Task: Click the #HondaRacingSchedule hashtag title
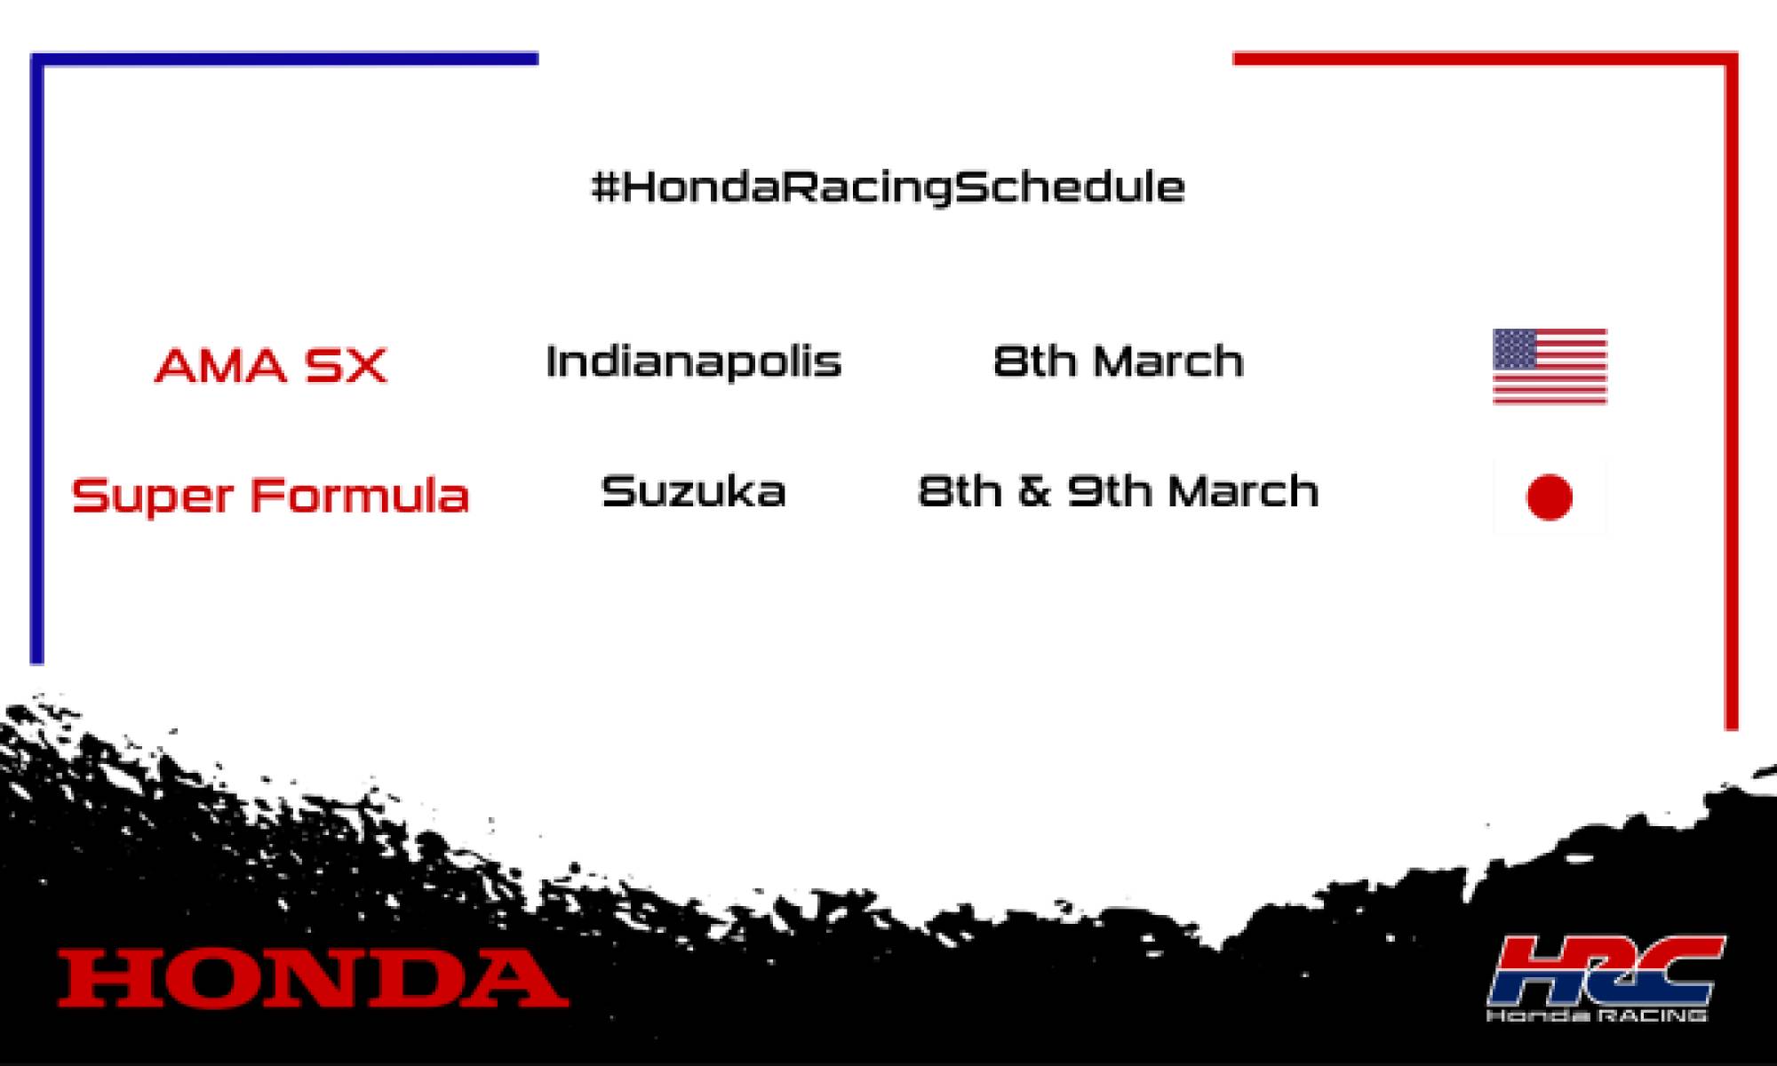tap(888, 187)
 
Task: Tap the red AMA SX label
tap(271, 365)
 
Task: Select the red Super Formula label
tap(270, 495)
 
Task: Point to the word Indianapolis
tap(693, 362)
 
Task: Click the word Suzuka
tap(693, 492)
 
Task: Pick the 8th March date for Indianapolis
tap(1118, 362)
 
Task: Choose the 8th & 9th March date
tap(1118, 491)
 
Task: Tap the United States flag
tap(1550, 366)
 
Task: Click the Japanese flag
tap(1550, 496)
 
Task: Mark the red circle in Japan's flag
tap(1550, 497)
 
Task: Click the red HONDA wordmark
tap(313, 978)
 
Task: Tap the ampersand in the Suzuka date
tap(1034, 491)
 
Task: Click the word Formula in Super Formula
tap(359, 495)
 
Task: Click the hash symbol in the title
tap(605, 187)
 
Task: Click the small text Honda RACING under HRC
tap(1598, 1014)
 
